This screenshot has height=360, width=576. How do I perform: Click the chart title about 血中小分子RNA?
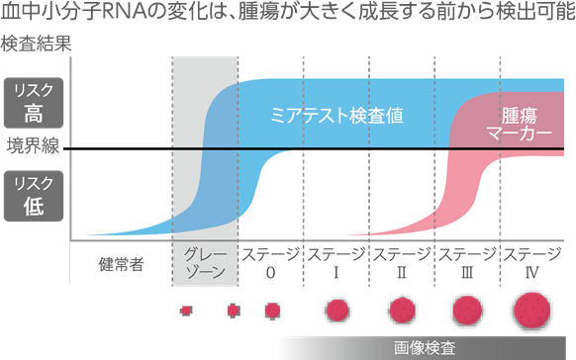(x=287, y=14)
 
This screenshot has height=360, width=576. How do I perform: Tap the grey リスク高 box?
(x=34, y=99)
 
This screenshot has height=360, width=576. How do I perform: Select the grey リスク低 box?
(x=34, y=194)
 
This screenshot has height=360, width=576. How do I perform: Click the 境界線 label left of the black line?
(x=34, y=149)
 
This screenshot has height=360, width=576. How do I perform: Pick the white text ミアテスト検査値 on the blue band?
(x=337, y=115)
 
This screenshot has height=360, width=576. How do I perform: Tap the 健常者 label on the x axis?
(x=122, y=264)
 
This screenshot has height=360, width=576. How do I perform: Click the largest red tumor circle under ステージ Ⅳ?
(x=534, y=313)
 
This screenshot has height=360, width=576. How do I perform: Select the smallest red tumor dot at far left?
(x=185, y=311)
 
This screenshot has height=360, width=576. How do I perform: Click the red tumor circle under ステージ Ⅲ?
(x=468, y=312)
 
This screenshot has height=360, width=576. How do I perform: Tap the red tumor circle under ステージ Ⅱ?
(x=402, y=312)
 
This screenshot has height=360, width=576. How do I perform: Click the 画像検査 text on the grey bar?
(x=425, y=348)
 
